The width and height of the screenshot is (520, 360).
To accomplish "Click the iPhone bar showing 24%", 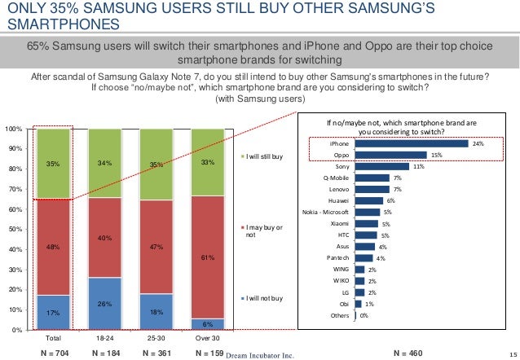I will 412,144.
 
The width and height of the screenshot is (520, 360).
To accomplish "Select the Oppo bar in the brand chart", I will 391,155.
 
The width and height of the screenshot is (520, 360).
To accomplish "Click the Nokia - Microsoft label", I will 326,211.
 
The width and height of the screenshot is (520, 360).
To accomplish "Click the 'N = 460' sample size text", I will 408,353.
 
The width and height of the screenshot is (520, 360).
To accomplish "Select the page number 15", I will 511,354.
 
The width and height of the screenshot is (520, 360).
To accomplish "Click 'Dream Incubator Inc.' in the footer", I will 259,354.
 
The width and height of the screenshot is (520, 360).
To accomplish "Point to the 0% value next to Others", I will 364,315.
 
